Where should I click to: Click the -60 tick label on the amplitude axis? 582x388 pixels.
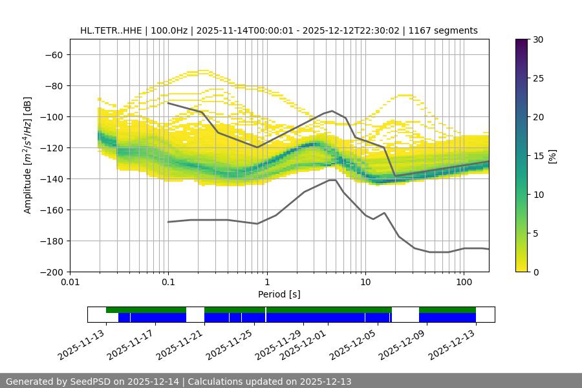[x=53, y=54]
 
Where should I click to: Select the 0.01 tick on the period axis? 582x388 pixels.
[x=70, y=282]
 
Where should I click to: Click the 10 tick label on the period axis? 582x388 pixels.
[x=365, y=282]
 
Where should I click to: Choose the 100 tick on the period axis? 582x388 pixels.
[x=464, y=282]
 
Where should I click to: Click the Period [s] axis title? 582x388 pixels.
[x=279, y=294]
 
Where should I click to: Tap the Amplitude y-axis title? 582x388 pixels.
[x=28, y=155]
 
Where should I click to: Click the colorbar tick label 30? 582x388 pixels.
[x=538, y=39]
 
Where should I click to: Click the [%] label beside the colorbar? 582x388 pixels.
[x=552, y=156]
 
